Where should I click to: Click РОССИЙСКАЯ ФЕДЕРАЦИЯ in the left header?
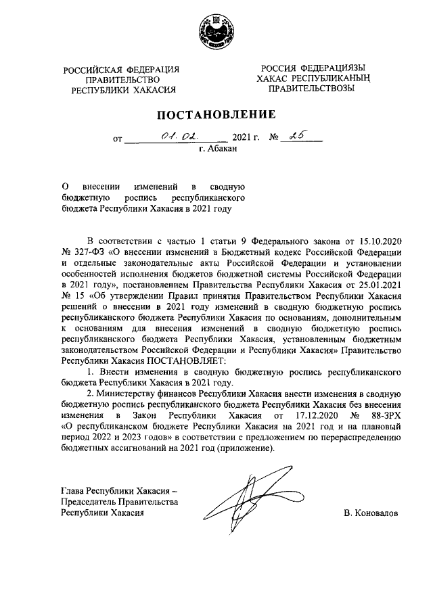click(122, 70)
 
